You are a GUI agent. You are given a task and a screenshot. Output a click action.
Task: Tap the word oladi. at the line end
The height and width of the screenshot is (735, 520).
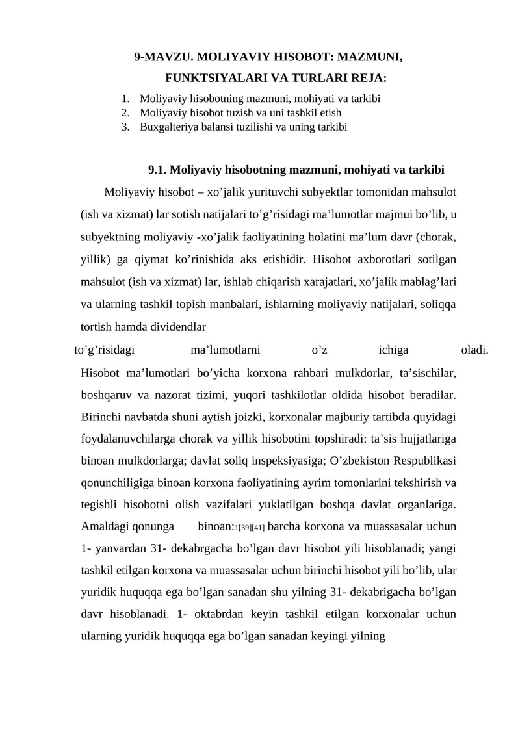[474, 351]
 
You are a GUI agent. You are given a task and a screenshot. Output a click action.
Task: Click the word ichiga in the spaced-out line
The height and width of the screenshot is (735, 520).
[393, 351]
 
